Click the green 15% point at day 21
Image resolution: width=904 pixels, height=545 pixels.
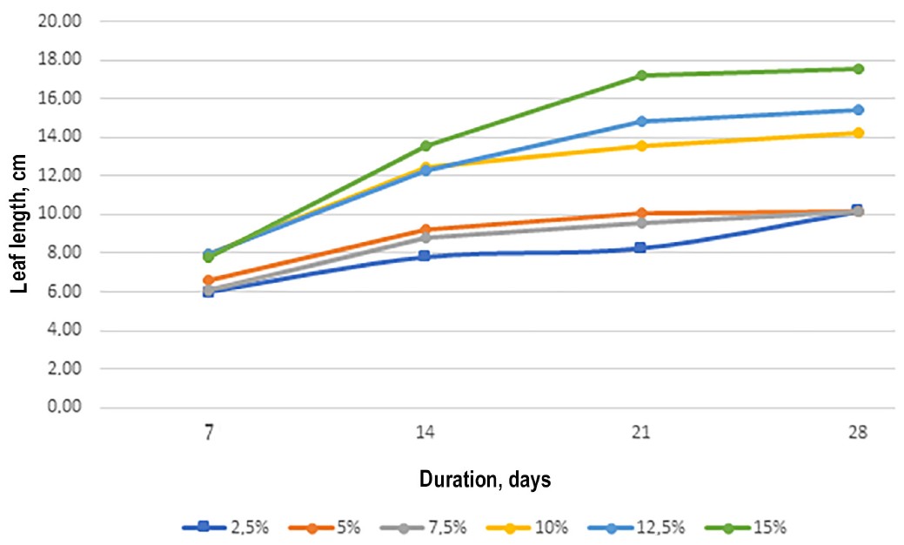click(x=640, y=75)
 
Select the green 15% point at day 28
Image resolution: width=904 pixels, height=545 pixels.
click(x=858, y=69)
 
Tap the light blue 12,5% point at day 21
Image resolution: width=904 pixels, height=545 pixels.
click(x=640, y=121)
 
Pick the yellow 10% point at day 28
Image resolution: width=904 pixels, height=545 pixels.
click(x=858, y=132)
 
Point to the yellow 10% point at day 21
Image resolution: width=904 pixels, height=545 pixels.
click(x=640, y=145)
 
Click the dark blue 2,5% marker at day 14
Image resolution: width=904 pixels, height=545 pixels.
click(x=425, y=255)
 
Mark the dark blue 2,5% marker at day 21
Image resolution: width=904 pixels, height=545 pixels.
click(x=640, y=248)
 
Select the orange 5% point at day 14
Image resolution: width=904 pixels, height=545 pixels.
click(x=425, y=230)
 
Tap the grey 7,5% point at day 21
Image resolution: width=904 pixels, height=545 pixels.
click(x=640, y=223)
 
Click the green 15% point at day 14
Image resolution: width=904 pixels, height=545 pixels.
click(x=425, y=145)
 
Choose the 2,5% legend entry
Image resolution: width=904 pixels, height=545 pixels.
click(x=225, y=527)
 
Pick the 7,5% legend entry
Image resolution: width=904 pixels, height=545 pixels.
click(x=424, y=527)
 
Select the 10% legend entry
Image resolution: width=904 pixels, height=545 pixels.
click(x=527, y=527)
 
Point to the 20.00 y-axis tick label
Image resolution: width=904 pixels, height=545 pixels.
click(x=59, y=22)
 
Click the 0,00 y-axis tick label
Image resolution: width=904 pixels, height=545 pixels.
click(x=64, y=407)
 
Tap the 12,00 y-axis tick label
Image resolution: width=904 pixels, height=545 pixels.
click(x=59, y=175)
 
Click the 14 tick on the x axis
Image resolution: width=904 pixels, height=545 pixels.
click(x=425, y=432)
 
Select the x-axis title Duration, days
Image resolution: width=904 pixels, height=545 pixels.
click(x=485, y=479)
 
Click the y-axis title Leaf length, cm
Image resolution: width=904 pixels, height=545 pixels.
click(x=19, y=224)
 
